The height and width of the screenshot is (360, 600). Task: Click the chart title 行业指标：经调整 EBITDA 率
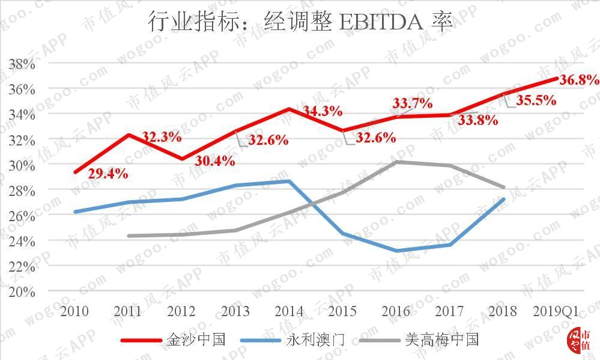(300, 22)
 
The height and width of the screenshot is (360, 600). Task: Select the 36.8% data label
(579, 80)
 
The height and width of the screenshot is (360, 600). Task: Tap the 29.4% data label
(108, 174)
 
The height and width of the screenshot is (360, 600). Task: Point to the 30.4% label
(214, 161)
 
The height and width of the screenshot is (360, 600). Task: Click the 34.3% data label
(322, 111)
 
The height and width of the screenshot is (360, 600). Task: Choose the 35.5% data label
(536, 100)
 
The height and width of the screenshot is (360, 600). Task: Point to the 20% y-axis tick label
(22, 291)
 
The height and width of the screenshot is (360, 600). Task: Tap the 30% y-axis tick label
(22, 165)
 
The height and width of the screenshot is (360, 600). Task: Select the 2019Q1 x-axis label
(556, 311)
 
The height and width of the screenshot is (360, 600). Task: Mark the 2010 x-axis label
(74, 311)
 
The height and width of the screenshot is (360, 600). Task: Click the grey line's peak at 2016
(396, 162)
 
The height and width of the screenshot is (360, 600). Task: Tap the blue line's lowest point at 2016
(396, 251)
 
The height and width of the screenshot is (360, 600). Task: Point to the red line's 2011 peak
(129, 135)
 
